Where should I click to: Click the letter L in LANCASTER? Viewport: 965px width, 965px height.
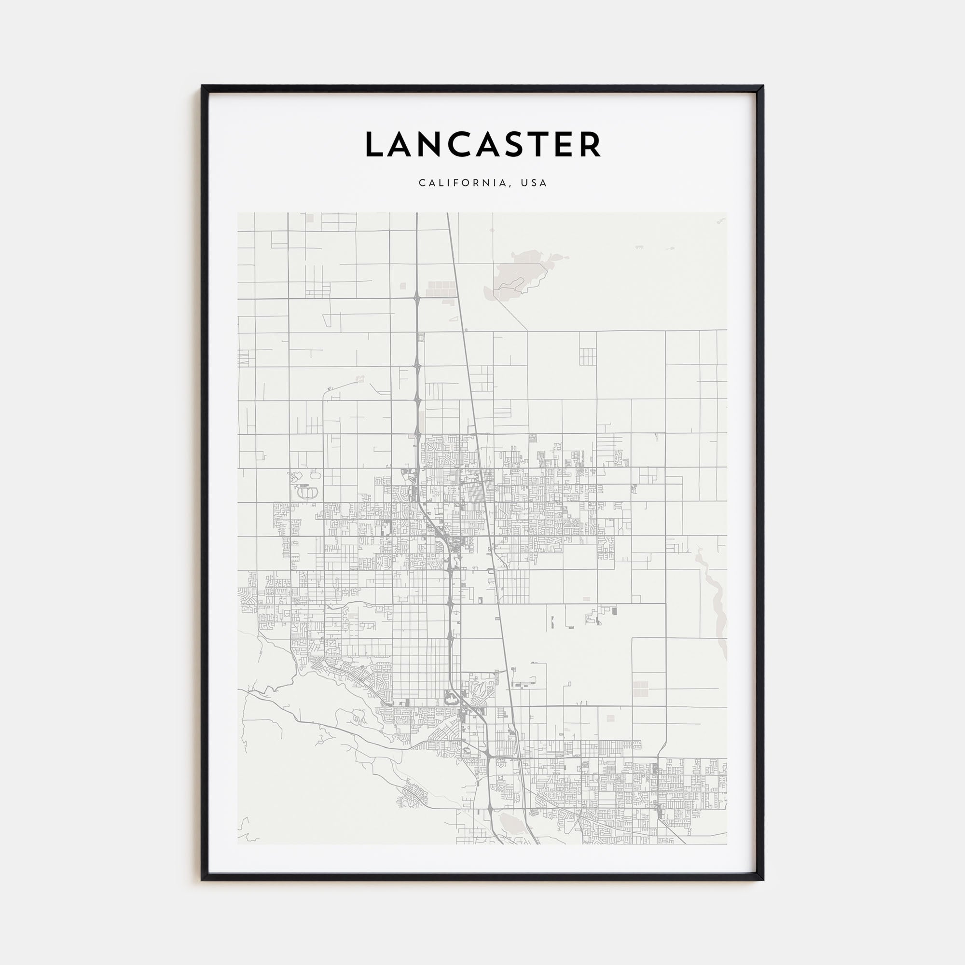(375, 145)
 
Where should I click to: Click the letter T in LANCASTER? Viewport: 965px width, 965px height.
(543, 145)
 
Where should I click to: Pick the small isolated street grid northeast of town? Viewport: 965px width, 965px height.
(587, 356)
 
